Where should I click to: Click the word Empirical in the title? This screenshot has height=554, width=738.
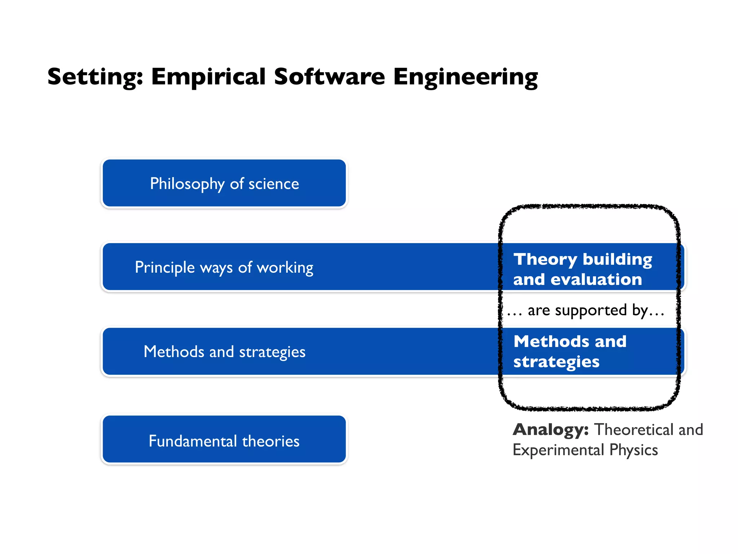208,77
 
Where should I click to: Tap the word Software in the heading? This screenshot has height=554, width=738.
329,77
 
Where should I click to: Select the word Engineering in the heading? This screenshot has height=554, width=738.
465,77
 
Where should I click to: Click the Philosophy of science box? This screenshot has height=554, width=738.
224,184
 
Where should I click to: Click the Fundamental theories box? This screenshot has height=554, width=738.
224,441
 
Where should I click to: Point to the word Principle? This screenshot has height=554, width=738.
165,268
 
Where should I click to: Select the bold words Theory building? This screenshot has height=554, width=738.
583,259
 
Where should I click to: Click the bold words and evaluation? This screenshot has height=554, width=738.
577,280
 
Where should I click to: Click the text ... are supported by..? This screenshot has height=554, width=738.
586,310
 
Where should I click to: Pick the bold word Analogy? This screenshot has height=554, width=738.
550,430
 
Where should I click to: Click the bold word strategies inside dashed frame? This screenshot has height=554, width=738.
556,362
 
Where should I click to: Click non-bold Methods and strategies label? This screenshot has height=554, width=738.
224,352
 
